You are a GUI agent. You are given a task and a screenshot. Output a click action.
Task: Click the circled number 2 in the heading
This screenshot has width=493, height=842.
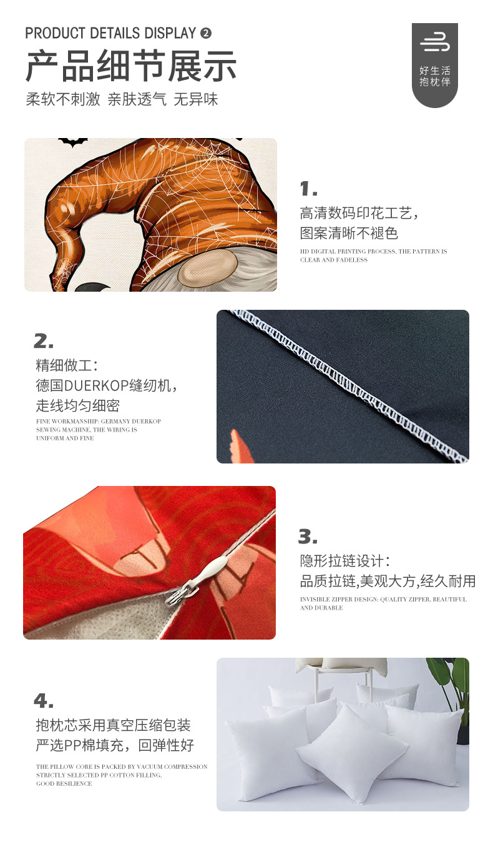click(206, 34)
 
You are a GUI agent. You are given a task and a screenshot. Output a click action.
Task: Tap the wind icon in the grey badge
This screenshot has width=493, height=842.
click(435, 42)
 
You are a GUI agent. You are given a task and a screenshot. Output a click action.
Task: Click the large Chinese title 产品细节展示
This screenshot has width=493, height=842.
click(131, 66)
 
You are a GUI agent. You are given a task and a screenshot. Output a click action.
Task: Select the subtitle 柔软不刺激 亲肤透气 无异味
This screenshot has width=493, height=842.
click(122, 99)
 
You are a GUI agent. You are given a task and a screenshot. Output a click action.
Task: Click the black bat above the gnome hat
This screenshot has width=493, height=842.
click(73, 142)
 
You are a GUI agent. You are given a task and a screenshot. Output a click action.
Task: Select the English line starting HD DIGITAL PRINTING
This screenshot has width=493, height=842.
click(373, 255)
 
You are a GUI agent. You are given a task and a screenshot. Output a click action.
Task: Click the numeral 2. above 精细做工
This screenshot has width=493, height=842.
click(44, 341)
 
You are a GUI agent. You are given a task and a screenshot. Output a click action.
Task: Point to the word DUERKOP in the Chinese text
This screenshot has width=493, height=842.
click(97, 385)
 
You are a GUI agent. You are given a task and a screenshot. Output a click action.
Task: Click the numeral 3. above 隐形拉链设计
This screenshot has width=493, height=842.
click(308, 537)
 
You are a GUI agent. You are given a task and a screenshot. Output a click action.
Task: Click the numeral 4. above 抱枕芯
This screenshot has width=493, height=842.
click(44, 700)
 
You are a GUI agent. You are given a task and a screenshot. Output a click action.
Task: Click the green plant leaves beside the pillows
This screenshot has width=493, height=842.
click(451, 683)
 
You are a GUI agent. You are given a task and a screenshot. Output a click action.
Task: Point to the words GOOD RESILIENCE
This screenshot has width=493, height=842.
click(64, 783)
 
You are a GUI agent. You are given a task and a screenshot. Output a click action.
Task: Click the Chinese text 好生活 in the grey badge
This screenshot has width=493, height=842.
click(435, 71)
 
